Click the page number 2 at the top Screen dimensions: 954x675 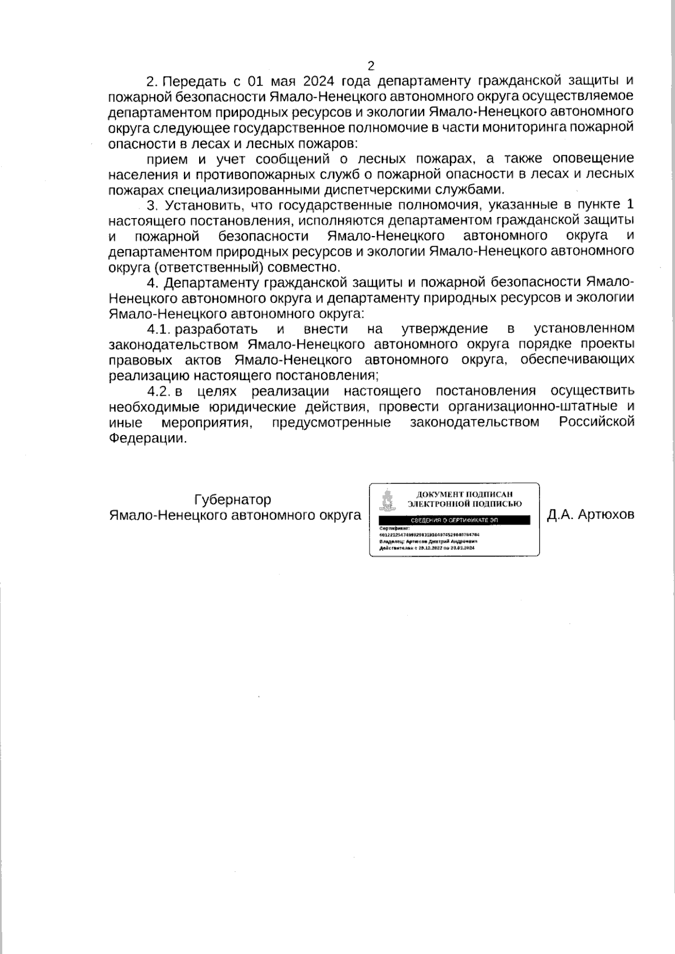click(x=371, y=66)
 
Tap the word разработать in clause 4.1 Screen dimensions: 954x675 click(x=217, y=328)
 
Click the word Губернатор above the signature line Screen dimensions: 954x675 click(x=232, y=499)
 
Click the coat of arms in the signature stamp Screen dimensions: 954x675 click(x=386, y=499)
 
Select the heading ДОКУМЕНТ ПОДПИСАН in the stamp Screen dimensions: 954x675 click(x=465, y=494)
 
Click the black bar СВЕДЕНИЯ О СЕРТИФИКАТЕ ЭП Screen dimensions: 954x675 click(x=454, y=521)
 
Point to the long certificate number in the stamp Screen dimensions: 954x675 click(x=430, y=535)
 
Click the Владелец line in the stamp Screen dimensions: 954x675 click(x=429, y=541)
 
